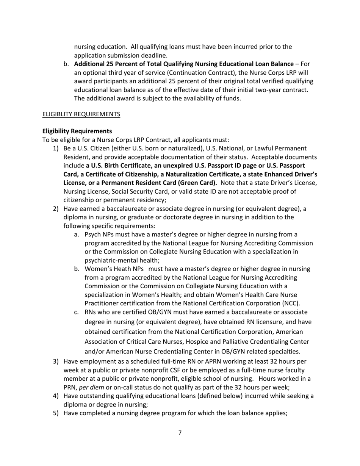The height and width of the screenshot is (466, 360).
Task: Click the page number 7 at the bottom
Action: point(180,433)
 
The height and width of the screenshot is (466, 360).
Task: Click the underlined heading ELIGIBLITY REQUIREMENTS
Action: point(81,114)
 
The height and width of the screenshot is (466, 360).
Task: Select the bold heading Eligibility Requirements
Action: point(77,131)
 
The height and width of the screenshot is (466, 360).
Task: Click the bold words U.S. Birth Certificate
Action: point(121,166)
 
